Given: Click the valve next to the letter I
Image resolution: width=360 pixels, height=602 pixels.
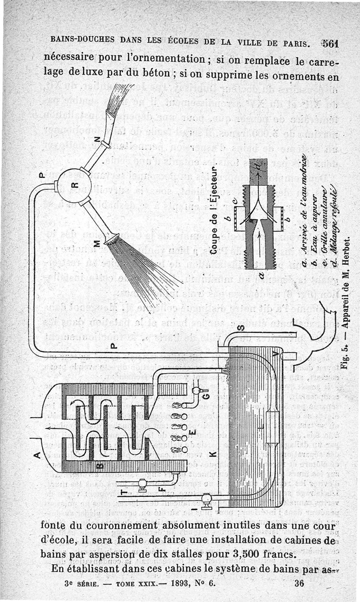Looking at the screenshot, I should point(207,498).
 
